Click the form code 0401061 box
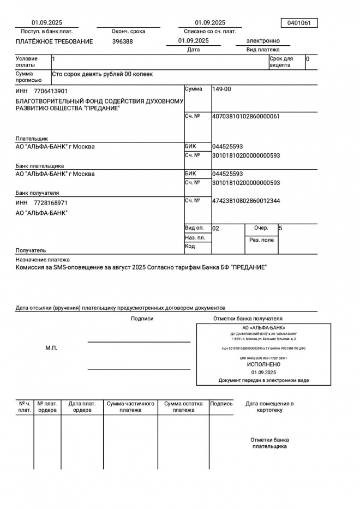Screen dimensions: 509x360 pyautogui.click(x=298, y=23)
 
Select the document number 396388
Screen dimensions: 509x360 pyautogui.click(x=123, y=41)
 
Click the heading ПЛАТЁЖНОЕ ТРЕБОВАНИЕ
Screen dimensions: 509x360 pyautogui.click(x=54, y=41)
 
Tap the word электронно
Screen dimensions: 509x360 pyautogui.click(x=263, y=41)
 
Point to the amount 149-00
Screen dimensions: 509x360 pyautogui.click(x=222, y=89)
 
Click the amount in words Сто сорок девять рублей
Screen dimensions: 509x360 pyautogui.click(x=103, y=74)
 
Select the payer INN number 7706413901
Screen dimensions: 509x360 pyautogui.click(x=51, y=91)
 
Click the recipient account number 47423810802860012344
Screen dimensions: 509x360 pyautogui.click(x=246, y=201)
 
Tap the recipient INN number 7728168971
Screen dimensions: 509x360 pyautogui.click(x=51, y=203)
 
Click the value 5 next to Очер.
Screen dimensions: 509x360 pyautogui.click(x=280, y=228)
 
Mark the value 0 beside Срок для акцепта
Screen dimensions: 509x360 pyautogui.click(x=308, y=58)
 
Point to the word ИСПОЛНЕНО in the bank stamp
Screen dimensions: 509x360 pyautogui.click(x=263, y=364)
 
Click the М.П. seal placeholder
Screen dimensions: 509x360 pyautogui.click(x=51, y=348)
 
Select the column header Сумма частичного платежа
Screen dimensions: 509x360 pyautogui.click(x=130, y=407)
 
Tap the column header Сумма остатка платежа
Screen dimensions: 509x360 pyautogui.click(x=183, y=407)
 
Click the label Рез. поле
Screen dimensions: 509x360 pyautogui.click(x=261, y=240)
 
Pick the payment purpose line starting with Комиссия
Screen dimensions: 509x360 pyautogui.click(x=141, y=268)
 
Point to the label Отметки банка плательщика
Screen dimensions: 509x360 pyautogui.click(x=269, y=443)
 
